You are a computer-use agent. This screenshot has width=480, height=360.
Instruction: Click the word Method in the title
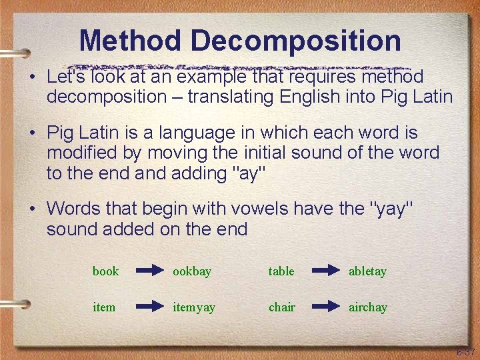coord(129,41)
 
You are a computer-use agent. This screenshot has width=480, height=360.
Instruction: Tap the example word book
coord(105,271)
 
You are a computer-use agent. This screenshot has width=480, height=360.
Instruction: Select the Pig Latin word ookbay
coord(192,271)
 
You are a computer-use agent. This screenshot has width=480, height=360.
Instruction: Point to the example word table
coord(281,271)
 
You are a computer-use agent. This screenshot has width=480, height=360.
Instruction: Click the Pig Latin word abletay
coord(367,271)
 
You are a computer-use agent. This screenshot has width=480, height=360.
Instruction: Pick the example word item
coord(104,307)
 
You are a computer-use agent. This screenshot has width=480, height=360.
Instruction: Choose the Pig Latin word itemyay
coord(194,307)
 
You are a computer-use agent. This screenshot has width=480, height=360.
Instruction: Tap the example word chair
coord(281,307)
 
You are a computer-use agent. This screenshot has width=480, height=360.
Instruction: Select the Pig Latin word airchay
coord(367,307)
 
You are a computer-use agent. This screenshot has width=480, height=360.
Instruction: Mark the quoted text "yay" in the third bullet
coord(391,209)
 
